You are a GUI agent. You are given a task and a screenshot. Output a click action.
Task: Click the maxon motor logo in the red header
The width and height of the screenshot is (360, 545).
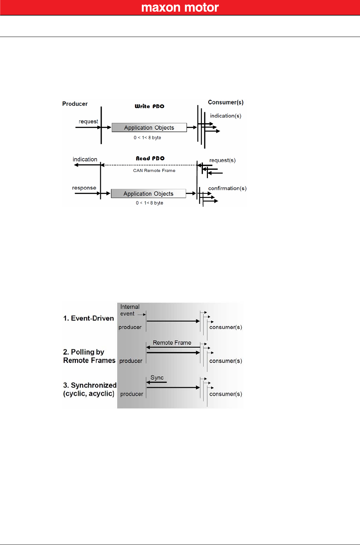point(180,8)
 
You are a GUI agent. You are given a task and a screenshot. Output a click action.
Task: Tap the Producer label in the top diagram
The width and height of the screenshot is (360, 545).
point(75,104)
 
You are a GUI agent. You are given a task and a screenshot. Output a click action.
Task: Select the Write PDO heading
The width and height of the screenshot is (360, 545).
point(150,106)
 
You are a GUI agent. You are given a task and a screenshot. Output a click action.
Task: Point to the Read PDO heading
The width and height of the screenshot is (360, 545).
point(150,158)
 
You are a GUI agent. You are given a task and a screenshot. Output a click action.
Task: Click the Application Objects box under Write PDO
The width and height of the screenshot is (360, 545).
point(149,128)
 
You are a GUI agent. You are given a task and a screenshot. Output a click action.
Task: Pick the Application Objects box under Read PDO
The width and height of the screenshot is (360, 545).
point(148,194)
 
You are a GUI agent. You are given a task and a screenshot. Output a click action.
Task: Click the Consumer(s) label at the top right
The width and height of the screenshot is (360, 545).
point(226,102)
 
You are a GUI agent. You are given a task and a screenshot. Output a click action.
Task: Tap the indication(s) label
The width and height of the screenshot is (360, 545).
point(225,116)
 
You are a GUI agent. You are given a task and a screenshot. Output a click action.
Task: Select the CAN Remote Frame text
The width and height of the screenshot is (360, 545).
point(154,170)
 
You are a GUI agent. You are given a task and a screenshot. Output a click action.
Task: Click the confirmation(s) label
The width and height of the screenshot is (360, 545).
point(227,188)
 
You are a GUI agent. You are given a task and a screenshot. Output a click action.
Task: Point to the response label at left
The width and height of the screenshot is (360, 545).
point(84,188)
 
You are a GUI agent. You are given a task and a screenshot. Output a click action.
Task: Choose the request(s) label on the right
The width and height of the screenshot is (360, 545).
point(222,160)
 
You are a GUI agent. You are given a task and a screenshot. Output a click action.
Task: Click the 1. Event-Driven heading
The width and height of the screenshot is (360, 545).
point(89,318)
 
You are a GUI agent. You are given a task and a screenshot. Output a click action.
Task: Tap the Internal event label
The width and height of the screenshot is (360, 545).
point(130,310)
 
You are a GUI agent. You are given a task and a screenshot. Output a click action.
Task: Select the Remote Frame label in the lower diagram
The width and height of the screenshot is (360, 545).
point(172,343)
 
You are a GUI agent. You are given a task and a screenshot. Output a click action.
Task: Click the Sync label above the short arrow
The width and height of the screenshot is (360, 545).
point(157,377)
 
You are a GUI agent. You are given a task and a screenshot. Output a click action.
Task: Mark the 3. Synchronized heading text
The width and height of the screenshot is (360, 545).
point(90,385)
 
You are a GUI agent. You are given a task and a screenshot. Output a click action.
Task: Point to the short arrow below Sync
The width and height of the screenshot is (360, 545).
point(156,382)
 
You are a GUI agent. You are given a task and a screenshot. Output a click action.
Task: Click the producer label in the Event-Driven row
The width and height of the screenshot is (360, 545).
point(130,327)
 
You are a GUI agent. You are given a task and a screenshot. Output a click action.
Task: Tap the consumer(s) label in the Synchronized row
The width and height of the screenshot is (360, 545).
point(226,394)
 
